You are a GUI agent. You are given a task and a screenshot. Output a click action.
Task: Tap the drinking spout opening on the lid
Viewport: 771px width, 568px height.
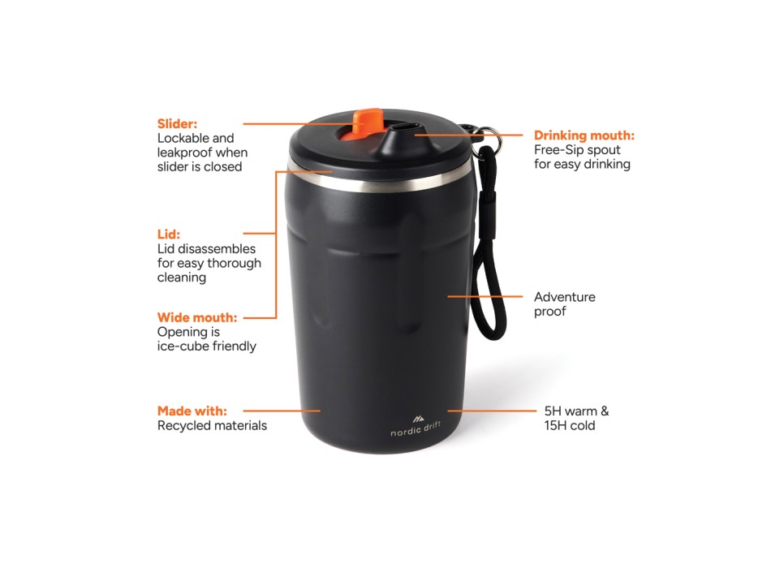(x=406, y=128)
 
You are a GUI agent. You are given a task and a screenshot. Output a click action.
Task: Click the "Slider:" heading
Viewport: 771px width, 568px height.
(x=177, y=123)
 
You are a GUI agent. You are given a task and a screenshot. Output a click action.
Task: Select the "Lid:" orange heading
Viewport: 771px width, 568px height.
(x=169, y=235)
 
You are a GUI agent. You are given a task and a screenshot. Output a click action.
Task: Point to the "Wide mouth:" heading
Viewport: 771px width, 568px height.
(x=197, y=317)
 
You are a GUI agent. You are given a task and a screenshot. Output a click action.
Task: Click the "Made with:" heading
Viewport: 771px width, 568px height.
(x=192, y=411)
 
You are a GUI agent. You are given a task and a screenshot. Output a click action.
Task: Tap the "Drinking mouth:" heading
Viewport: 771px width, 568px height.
(x=584, y=136)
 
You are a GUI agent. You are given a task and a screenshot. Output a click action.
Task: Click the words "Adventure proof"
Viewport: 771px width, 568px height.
(x=564, y=304)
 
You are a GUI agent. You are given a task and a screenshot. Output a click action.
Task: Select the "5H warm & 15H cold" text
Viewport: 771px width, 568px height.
(x=575, y=418)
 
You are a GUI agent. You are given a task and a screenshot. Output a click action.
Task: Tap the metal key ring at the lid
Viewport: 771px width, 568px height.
(x=485, y=136)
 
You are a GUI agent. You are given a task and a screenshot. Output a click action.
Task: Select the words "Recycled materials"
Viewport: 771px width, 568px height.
(x=212, y=425)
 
